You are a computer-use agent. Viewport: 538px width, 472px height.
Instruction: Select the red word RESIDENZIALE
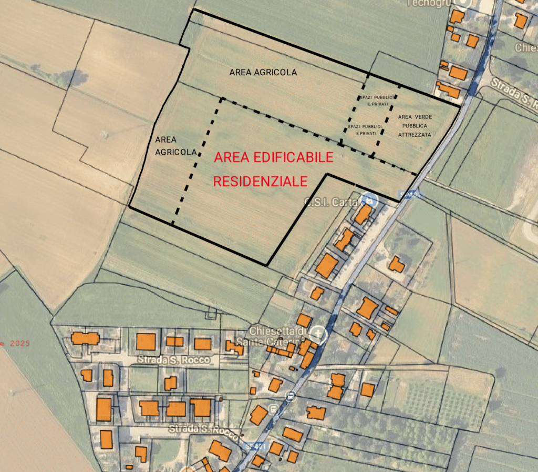pos(260,182)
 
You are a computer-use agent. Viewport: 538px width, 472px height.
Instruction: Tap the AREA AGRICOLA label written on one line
pos(263,72)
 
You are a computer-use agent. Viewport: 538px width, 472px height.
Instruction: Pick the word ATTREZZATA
pos(414,135)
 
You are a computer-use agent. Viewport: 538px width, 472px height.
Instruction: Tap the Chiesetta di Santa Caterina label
pos(277,336)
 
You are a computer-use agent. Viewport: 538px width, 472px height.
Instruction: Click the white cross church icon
pos(318,335)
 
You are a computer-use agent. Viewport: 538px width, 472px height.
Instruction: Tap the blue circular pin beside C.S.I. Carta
pos(370,200)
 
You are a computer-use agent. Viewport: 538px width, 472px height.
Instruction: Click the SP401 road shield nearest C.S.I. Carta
pos(409,194)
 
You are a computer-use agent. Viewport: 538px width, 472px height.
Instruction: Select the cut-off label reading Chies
pos(526,47)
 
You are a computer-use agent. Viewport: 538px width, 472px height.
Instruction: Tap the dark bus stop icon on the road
pos(289,395)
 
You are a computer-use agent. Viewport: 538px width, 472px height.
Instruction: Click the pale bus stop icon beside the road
pos(273,409)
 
